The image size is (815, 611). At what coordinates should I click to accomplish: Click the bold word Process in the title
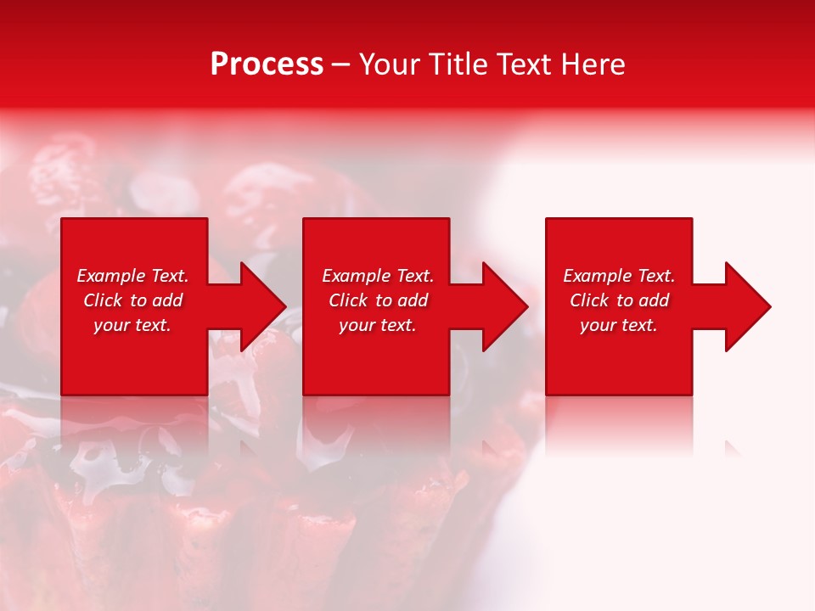click(x=267, y=64)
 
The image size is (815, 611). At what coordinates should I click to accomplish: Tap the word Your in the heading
click(x=391, y=64)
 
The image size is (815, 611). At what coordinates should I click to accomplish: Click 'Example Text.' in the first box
click(x=132, y=276)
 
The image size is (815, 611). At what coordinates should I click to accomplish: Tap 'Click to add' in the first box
click(x=132, y=300)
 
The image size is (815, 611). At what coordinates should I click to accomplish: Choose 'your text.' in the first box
click(x=132, y=325)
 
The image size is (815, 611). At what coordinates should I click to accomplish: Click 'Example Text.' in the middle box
click(x=378, y=276)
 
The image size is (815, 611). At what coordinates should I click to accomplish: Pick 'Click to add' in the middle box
click(x=378, y=300)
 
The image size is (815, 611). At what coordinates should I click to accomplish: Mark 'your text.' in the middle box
click(x=378, y=325)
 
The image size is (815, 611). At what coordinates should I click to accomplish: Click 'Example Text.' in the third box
click(x=619, y=276)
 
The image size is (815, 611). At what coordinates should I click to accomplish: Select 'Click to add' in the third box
click(x=619, y=300)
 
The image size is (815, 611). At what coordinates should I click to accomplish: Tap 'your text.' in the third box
click(x=619, y=325)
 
